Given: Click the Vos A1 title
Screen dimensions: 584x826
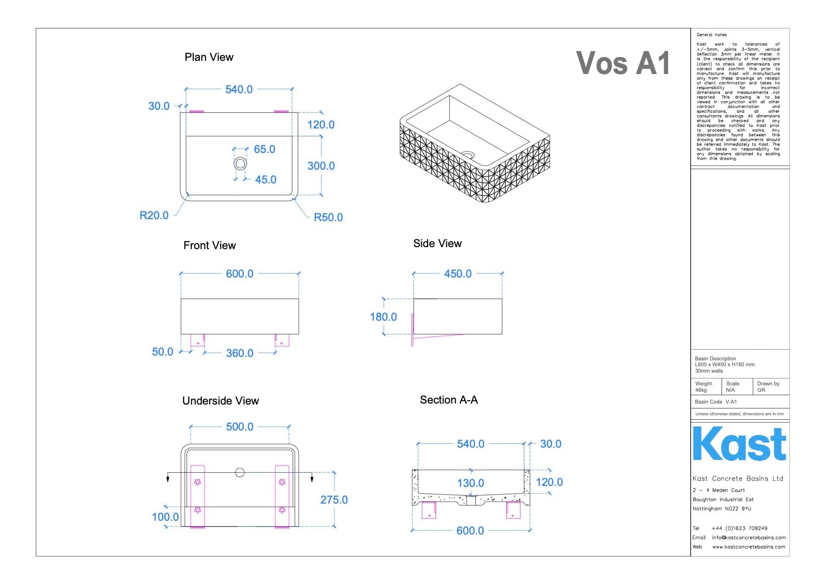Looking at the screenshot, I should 623,63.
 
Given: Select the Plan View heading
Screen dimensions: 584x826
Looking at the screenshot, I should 209,57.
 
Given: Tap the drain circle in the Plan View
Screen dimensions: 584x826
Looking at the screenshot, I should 240,163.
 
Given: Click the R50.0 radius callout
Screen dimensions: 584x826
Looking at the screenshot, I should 328,217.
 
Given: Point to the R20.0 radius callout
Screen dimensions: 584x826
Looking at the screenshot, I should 154,215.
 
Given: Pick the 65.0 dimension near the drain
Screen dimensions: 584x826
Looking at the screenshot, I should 264,149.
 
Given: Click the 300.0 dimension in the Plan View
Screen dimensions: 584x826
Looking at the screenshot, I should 321,166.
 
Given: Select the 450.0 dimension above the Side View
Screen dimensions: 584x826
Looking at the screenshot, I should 458,274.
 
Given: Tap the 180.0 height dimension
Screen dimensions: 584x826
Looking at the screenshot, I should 383,317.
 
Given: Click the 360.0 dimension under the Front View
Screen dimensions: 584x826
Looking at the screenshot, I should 239,353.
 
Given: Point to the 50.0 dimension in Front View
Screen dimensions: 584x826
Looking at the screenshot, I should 162,352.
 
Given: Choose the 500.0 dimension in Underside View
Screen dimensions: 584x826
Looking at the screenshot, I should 239,427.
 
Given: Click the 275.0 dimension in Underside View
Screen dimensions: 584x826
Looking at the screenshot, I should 334,500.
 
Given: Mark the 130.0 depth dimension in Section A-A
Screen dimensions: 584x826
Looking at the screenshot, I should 470,483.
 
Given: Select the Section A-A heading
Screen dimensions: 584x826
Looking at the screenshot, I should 449,400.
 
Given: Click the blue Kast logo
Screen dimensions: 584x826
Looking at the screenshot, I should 739,444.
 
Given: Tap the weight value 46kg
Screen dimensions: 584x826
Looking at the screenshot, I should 701,390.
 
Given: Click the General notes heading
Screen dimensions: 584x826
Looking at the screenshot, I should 712,35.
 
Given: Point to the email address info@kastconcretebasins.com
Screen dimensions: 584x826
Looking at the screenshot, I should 749,537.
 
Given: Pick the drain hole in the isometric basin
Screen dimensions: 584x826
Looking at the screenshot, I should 468,155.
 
